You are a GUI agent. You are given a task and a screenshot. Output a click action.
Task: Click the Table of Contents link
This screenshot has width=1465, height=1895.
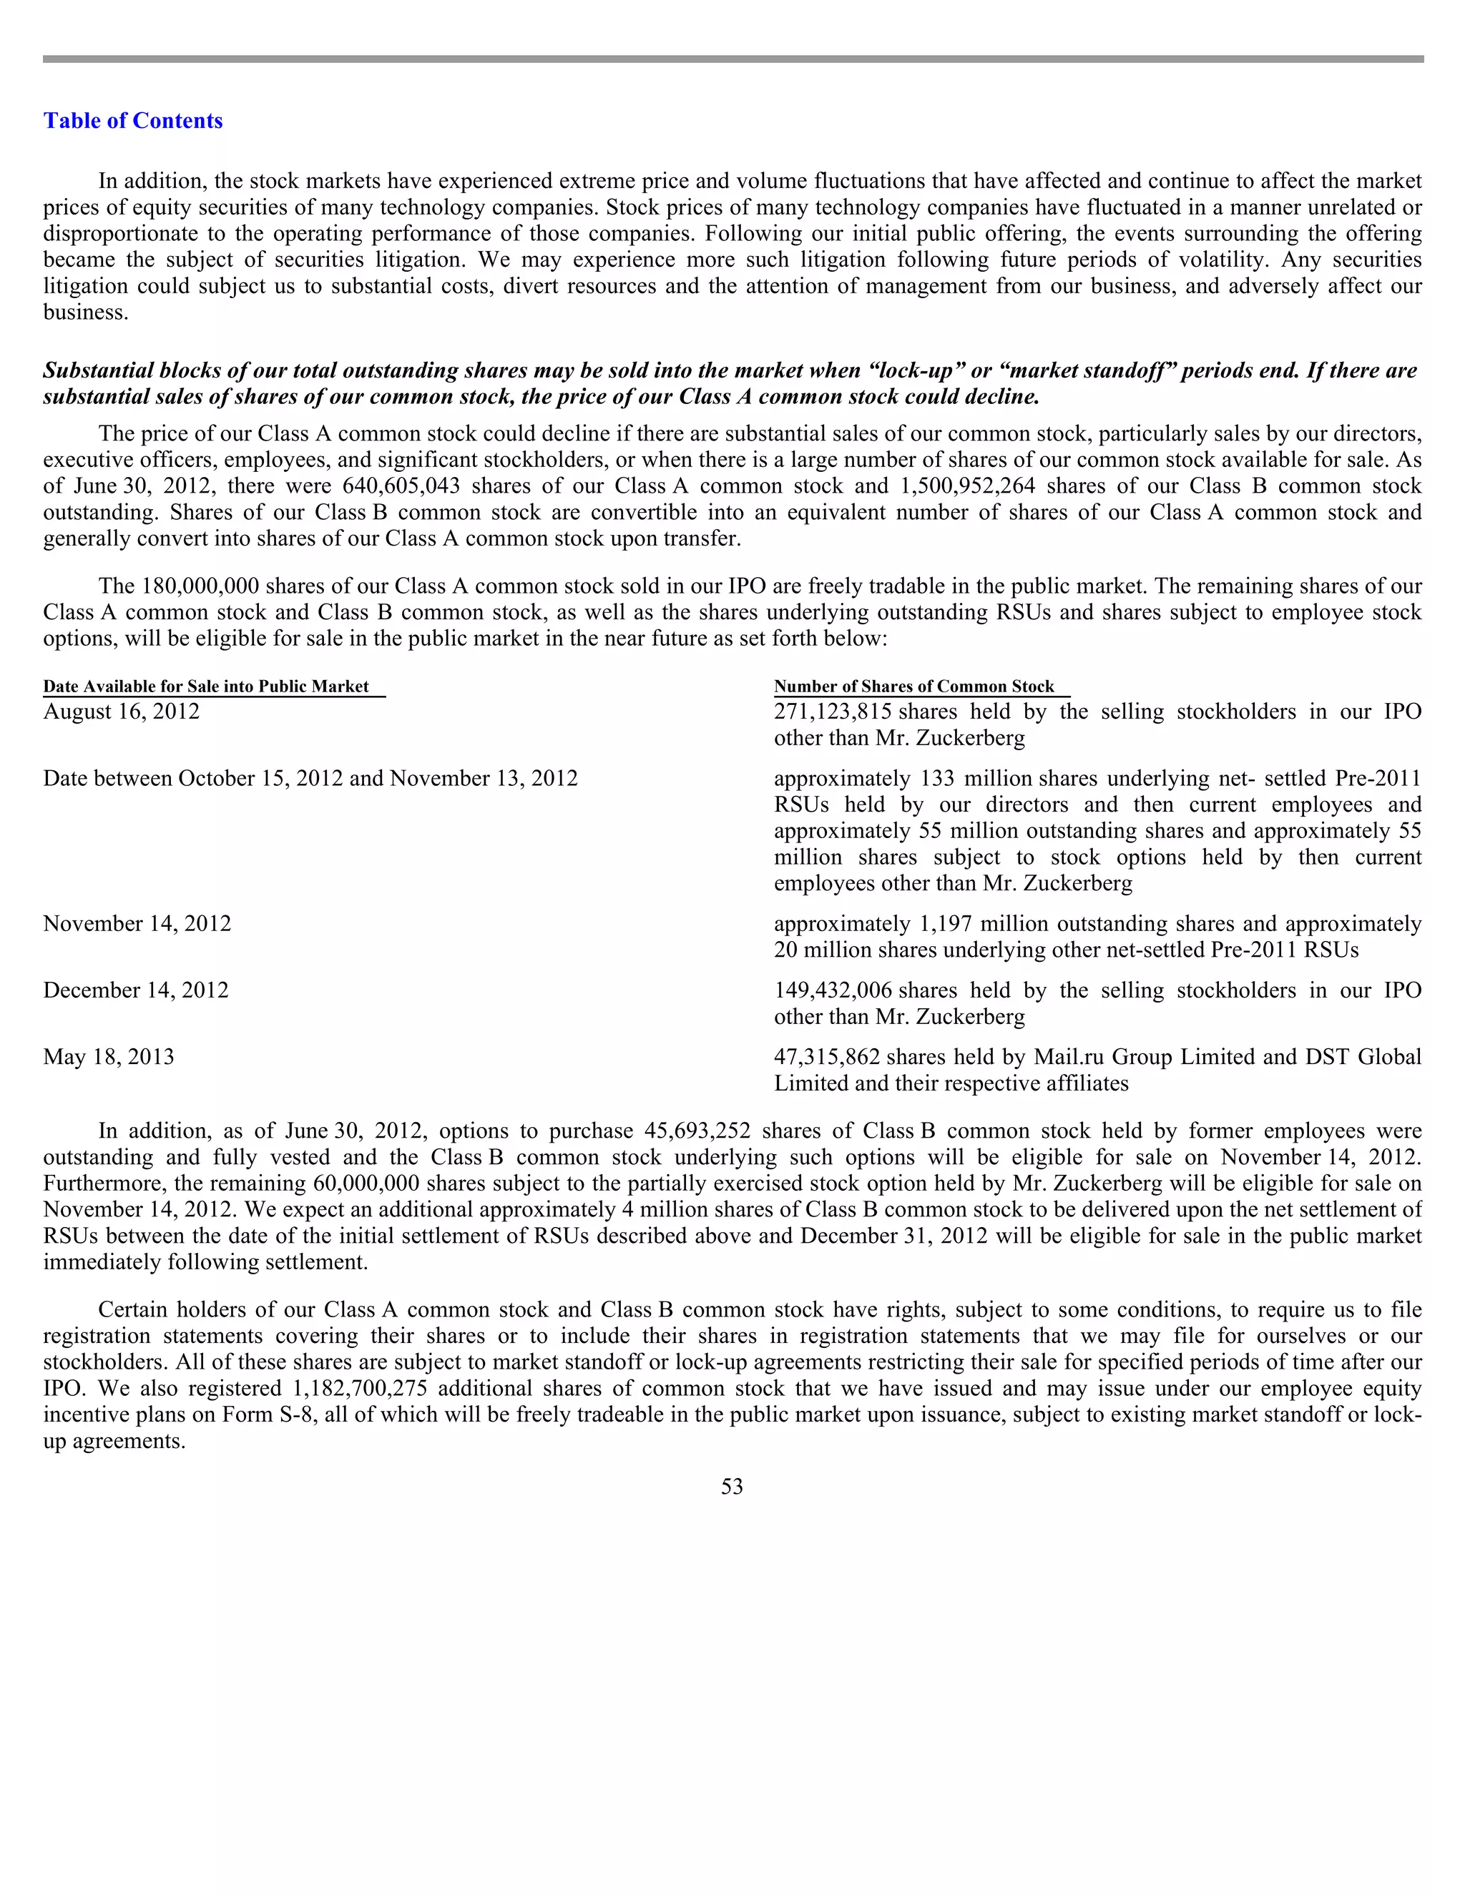pyautogui.click(x=133, y=121)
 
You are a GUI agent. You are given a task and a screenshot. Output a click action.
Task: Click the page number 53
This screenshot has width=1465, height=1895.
pyautogui.click(x=732, y=1487)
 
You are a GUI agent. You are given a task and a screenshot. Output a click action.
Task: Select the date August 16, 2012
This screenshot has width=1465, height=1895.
pyautogui.click(x=122, y=712)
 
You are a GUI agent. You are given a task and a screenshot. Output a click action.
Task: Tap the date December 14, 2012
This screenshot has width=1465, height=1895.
pyautogui.click(x=136, y=990)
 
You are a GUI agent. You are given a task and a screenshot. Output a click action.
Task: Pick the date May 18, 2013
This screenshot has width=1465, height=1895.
pyautogui.click(x=109, y=1057)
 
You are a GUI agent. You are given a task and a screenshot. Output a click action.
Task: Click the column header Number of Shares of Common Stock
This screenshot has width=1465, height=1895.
pyautogui.click(x=914, y=686)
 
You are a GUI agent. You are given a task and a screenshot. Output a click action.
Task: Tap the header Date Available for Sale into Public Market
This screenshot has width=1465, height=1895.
pyautogui.click(x=207, y=686)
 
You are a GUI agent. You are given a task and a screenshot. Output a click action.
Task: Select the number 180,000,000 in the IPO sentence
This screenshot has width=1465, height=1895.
pyautogui.click(x=200, y=586)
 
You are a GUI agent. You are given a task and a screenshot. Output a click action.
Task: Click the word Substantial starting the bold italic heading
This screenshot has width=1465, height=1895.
pyautogui.click(x=97, y=370)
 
